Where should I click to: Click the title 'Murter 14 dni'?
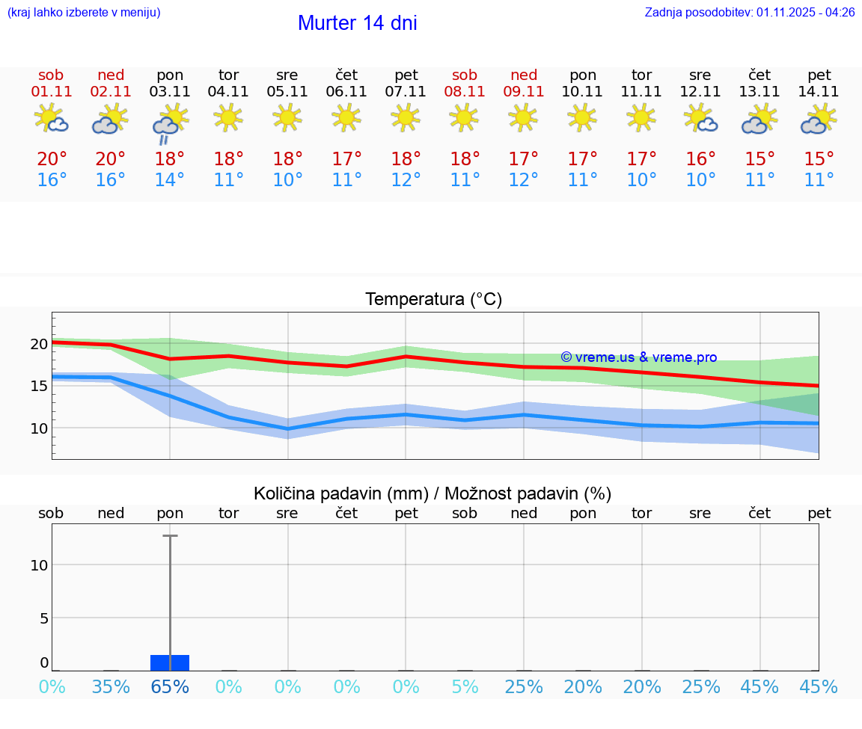point(357,23)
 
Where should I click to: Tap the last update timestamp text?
point(750,12)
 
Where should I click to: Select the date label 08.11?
point(465,92)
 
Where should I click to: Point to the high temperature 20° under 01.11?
point(52,159)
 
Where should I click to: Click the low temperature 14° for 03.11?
point(170,180)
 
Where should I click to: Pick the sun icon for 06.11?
point(346,117)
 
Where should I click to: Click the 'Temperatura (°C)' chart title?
point(433,300)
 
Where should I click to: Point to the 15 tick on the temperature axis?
point(39,386)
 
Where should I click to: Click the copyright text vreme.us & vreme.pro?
point(638,357)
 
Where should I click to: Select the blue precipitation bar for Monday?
point(170,662)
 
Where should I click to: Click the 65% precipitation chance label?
point(170,687)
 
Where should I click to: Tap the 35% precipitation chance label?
point(111,687)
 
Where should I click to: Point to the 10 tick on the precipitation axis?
point(39,565)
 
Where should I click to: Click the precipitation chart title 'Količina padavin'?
point(432,493)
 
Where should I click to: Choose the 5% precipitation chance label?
point(465,687)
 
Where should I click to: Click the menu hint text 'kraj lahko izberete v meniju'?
point(83,12)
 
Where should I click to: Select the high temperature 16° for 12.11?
point(700,159)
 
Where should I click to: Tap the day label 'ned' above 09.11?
point(524,75)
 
